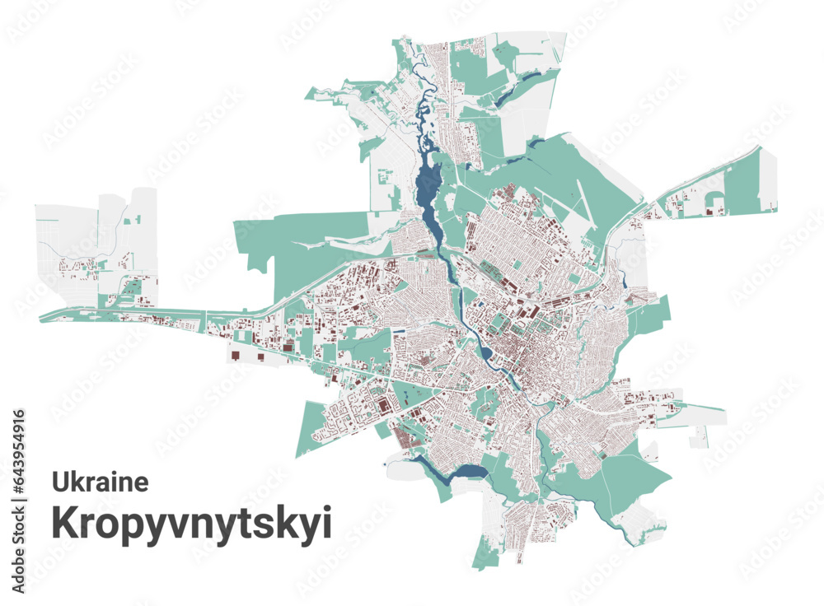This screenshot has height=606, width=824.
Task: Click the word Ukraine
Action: coord(101,481)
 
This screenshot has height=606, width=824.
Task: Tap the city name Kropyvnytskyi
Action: coord(192,523)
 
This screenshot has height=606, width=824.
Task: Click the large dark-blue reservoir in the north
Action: coord(428,185)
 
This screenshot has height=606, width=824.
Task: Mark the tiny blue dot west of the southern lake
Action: coord(385,466)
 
